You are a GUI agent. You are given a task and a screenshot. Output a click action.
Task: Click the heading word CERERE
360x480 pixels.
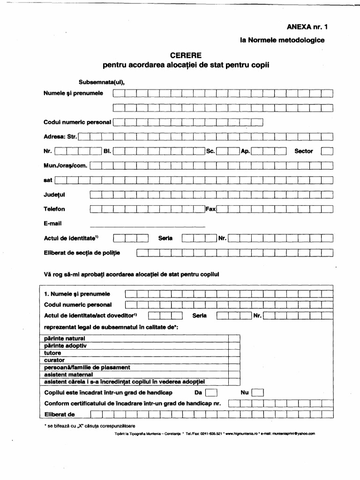click(186, 55)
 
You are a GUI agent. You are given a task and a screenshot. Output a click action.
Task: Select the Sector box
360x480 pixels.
click(327, 151)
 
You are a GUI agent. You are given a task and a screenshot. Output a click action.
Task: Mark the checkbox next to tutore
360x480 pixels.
click(234, 353)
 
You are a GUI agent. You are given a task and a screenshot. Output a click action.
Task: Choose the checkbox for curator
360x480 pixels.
click(234, 360)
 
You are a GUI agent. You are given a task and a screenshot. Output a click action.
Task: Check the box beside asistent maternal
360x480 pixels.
click(234, 375)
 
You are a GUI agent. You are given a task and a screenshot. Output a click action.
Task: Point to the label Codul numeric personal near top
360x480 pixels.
click(77, 122)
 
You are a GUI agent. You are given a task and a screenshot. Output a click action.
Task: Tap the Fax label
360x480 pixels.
click(210, 209)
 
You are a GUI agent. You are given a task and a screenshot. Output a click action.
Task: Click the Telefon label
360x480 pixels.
click(54, 209)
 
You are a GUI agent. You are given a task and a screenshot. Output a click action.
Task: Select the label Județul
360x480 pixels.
click(54, 195)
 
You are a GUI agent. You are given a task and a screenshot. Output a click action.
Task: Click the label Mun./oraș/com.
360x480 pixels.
click(66, 165)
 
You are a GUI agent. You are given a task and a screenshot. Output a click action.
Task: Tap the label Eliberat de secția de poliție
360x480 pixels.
click(82, 253)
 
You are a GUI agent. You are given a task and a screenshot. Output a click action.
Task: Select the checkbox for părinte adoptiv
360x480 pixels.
click(234, 345)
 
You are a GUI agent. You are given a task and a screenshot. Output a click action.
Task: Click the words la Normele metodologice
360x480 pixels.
click(282, 40)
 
